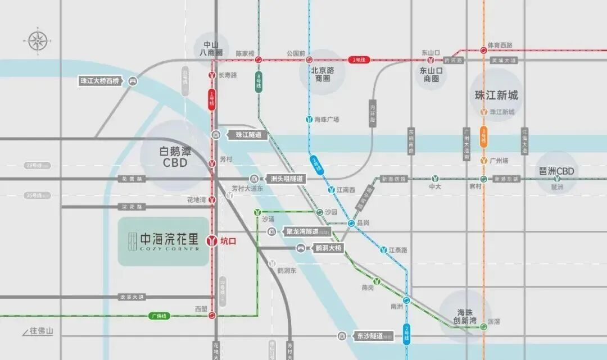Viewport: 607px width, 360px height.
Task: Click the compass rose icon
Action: (x=38, y=40)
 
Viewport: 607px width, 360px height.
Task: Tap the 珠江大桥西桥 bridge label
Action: (x=101, y=81)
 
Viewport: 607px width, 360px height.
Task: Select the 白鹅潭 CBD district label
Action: (x=175, y=156)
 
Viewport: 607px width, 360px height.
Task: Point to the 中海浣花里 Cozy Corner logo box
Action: (x=162, y=241)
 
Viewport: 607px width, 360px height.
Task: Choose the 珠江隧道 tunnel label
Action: (x=248, y=135)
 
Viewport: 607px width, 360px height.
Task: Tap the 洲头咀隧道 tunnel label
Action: (x=286, y=179)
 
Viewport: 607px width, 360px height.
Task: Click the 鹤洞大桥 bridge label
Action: (x=328, y=248)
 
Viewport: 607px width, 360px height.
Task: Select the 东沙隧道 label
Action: (x=369, y=336)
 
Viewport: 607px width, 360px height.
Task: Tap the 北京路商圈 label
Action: (x=323, y=74)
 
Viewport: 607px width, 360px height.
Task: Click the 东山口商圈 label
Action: (x=431, y=75)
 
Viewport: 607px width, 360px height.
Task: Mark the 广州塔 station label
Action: (x=499, y=161)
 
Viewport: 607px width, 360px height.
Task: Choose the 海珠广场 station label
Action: (x=327, y=120)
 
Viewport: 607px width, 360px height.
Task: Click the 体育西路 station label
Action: (x=500, y=45)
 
